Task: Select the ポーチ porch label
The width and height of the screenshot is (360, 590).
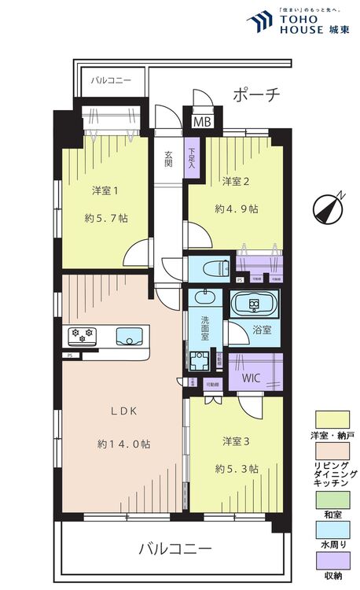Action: coord(255,95)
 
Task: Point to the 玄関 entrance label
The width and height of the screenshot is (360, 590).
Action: coord(168,159)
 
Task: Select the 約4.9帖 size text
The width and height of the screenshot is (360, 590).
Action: coord(237,209)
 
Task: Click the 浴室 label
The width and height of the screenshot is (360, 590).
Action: coord(261,330)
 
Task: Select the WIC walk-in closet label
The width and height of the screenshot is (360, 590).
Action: coord(251,377)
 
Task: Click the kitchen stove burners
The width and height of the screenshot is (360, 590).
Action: coord(83,333)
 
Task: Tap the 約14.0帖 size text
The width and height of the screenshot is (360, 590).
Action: coord(124,444)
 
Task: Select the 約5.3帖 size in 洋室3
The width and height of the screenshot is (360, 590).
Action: coord(237,470)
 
